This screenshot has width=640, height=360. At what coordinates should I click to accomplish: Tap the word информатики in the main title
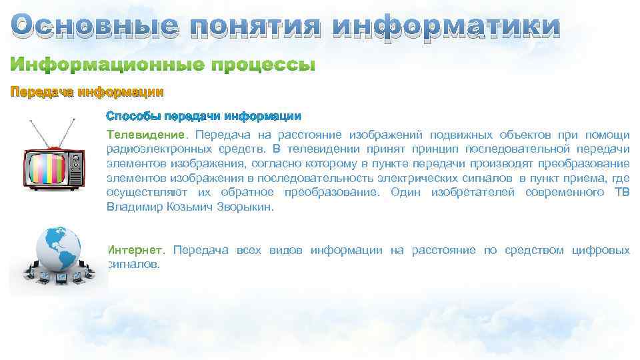tap(446, 27)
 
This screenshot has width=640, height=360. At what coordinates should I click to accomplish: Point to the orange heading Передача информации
tap(86, 92)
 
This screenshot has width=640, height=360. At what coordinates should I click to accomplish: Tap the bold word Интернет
tap(135, 251)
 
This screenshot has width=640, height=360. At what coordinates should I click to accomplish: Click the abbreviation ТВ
tap(621, 193)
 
